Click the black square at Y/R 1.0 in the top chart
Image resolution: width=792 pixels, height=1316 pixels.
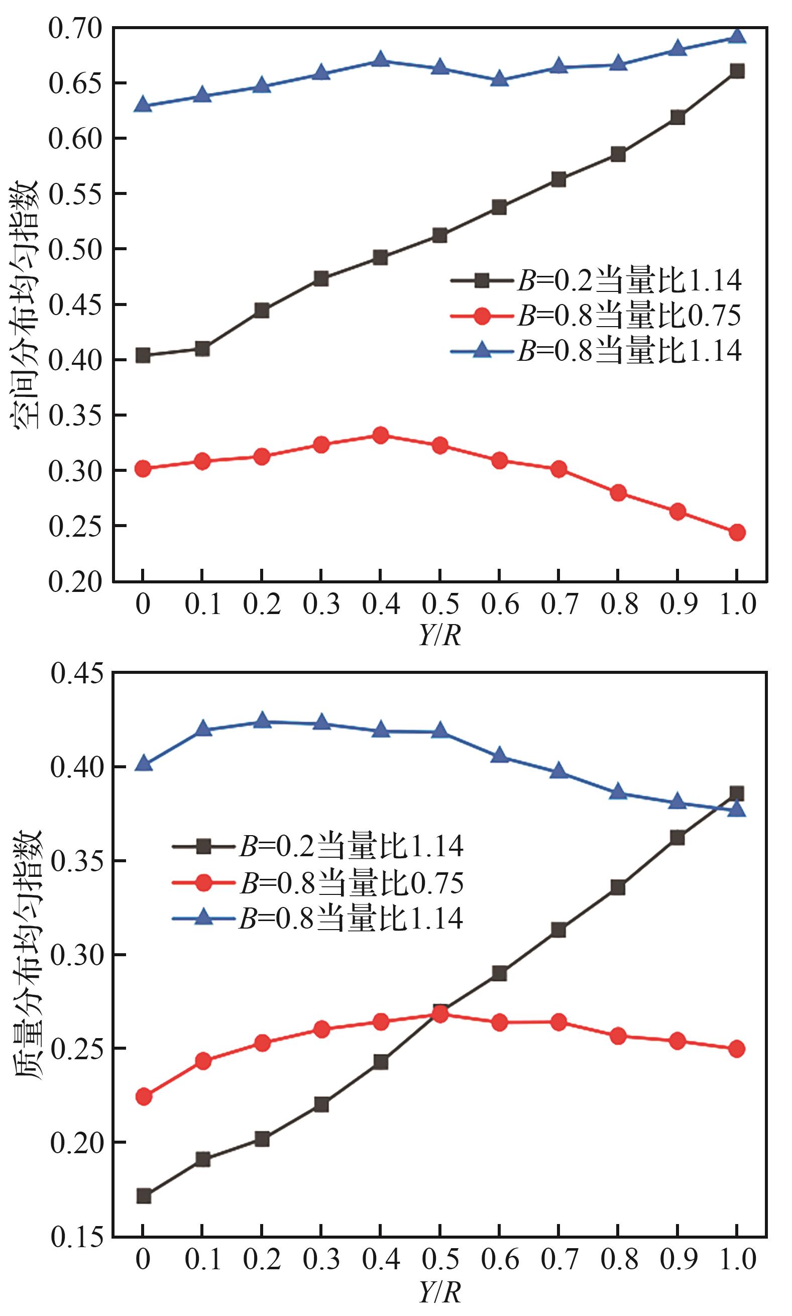pos(736,71)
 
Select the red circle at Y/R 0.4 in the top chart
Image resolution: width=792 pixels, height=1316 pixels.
pos(380,435)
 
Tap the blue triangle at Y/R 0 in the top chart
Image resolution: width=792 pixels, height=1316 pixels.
pos(143,105)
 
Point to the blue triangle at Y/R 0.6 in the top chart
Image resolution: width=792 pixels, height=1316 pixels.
pos(499,79)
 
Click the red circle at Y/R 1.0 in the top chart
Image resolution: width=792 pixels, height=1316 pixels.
pos(736,532)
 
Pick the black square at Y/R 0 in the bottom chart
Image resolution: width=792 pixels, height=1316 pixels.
pos(144,1196)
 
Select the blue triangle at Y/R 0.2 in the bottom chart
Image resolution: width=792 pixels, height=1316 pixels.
pos(262,721)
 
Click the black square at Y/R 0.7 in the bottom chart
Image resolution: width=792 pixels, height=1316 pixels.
pos(558,930)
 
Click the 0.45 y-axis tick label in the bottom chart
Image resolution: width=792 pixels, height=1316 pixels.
pos(77,673)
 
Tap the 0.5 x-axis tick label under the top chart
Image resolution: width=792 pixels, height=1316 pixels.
pos(440,604)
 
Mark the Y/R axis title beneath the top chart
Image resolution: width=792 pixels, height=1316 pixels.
pos(440,635)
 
